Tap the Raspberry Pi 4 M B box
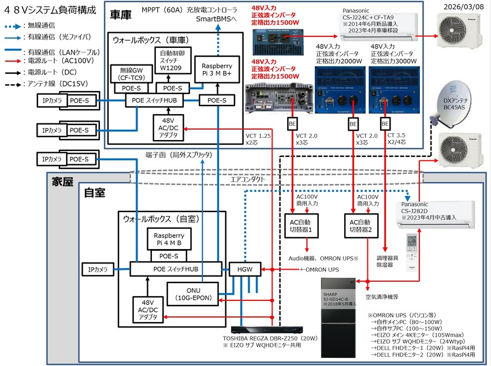169,239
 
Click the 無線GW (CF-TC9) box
130,74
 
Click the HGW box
245,269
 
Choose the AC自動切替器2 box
359,223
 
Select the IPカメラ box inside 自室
99,269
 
